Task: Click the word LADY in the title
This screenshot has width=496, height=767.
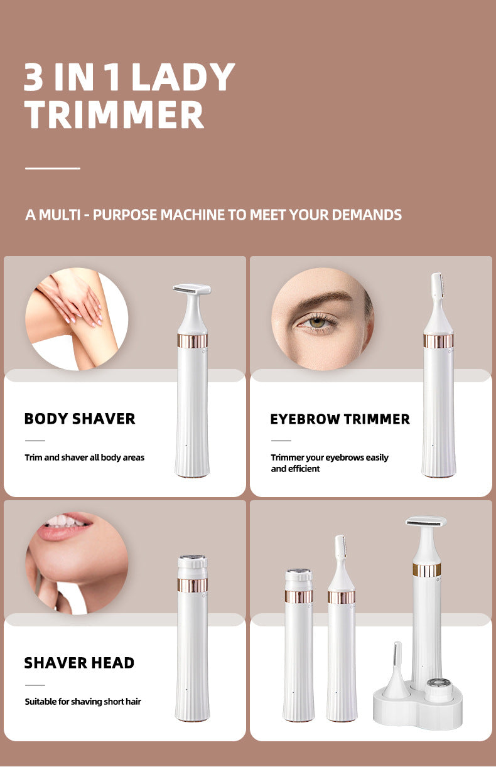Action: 183,77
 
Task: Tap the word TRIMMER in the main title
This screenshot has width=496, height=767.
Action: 114,114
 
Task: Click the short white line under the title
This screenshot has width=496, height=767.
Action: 53,168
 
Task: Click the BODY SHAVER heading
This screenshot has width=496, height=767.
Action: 80,419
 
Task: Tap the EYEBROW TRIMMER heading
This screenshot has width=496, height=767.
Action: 340,419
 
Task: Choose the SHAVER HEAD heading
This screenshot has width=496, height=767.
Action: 79,663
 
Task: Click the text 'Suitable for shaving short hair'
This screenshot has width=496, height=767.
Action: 83,702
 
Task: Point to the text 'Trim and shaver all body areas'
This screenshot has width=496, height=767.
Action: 85,458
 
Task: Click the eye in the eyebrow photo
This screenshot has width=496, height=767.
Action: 317,322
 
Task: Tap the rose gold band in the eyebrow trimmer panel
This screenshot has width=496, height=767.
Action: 438,340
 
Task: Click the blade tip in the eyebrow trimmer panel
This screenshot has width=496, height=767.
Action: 438,285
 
